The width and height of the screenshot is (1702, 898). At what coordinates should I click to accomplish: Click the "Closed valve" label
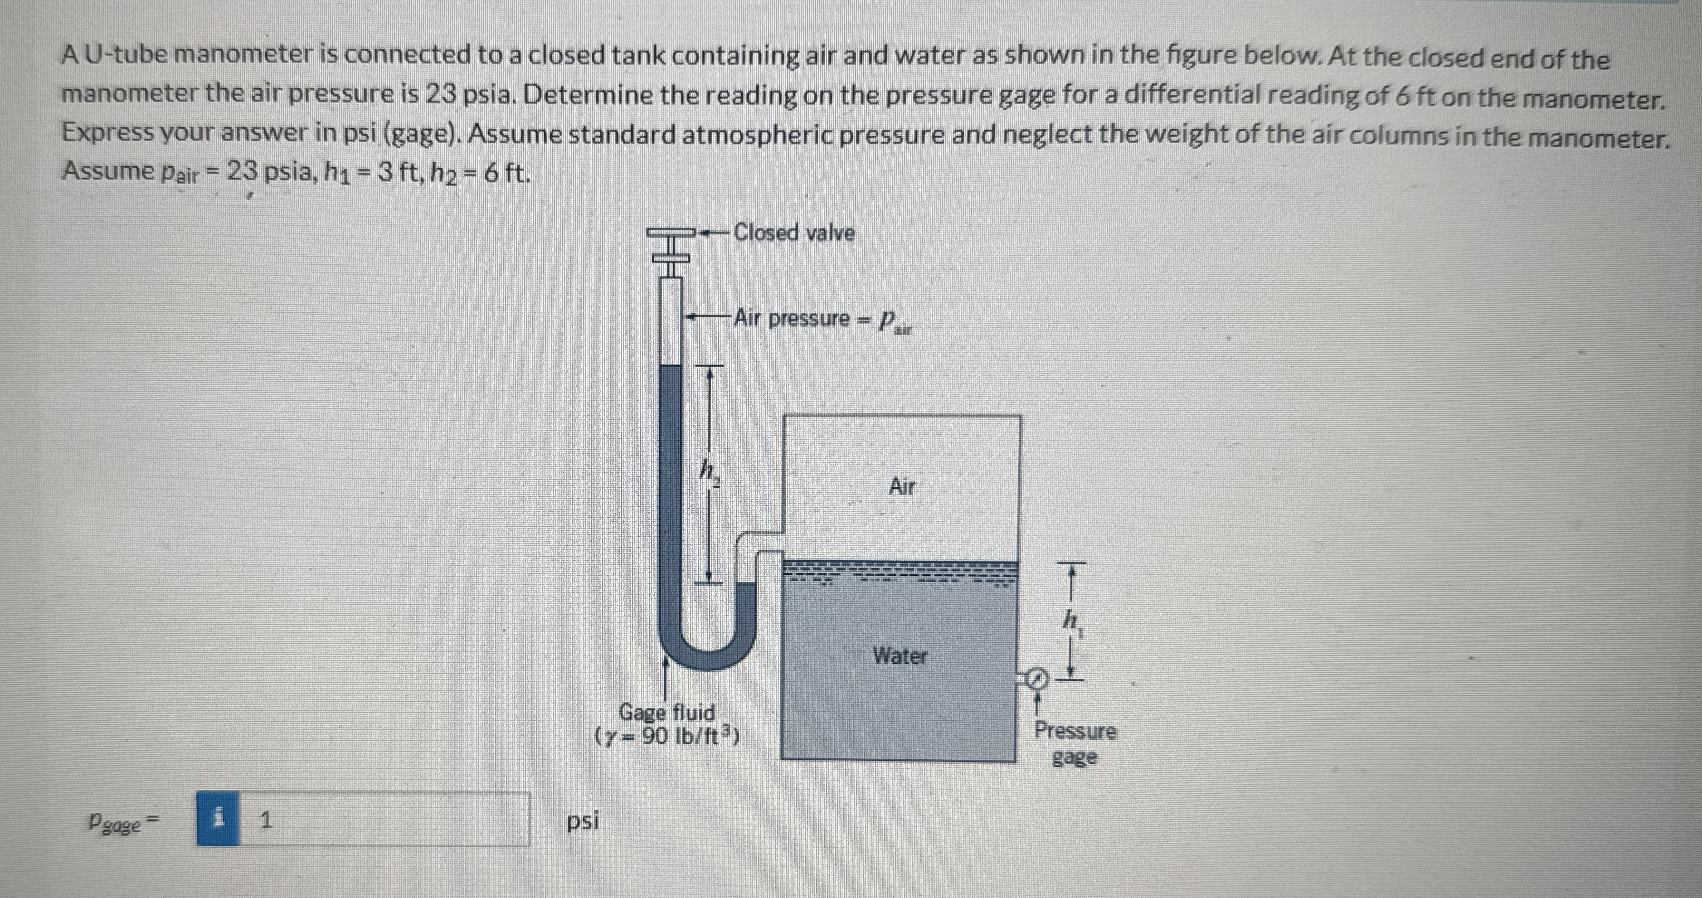[x=794, y=232]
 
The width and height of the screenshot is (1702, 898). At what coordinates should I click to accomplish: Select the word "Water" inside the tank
[x=900, y=656]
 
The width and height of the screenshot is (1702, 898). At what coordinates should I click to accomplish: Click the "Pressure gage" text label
[x=1074, y=744]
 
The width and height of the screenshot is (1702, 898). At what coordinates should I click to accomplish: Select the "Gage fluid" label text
[x=667, y=712]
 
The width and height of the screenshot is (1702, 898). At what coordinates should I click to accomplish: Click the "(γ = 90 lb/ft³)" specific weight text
[x=667, y=735]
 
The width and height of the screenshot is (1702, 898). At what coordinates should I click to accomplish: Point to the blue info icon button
[x=218, y=820]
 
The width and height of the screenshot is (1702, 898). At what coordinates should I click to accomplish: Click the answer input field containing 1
[x=383, y=820]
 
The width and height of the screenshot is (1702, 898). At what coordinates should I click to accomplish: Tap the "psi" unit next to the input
[x=583, y=820]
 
